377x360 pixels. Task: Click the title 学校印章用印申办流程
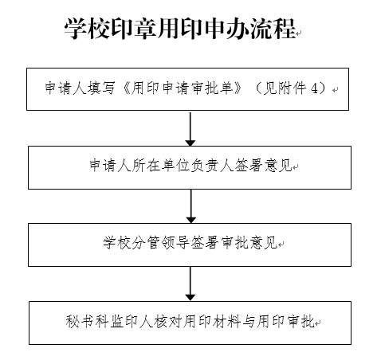click(x=180, y=29)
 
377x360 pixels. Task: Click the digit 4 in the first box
click(x=314, y=88)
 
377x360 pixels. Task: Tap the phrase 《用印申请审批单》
click(x=183, y=88)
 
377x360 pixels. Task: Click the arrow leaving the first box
click(x=190, y=129)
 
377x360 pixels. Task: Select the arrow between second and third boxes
click(x=191, y=206)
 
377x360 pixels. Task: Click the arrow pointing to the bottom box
click(x=190, y=284)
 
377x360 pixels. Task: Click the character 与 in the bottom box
click(x=249, y=321)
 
